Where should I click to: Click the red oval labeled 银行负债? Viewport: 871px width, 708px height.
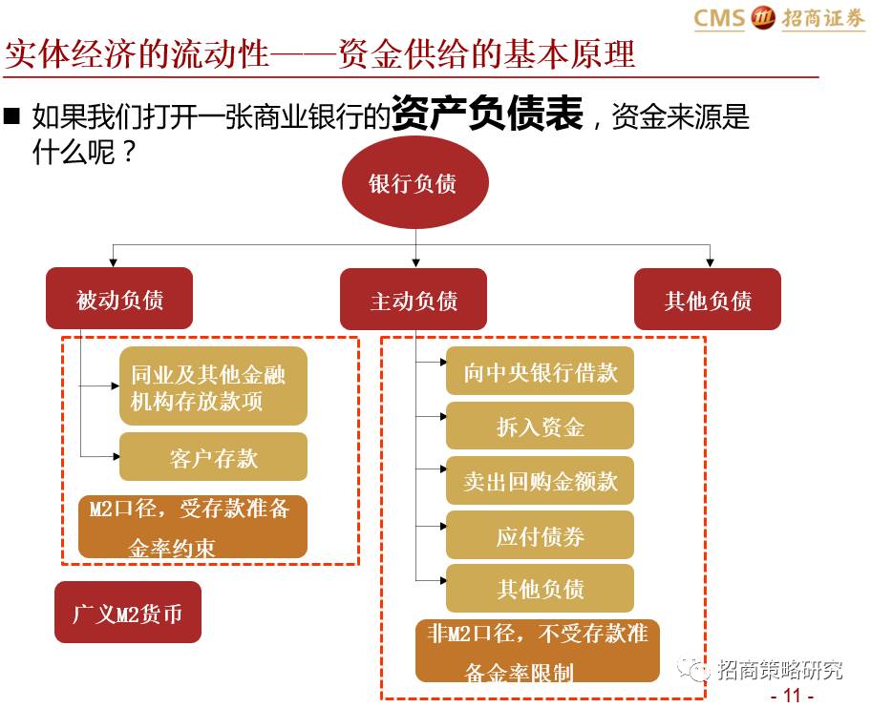(x=414, y=184)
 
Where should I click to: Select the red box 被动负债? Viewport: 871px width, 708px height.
(x=119, y=300)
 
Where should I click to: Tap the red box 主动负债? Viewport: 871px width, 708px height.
(x=414, y=301)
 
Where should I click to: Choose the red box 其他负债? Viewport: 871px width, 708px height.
(x=708, y=301)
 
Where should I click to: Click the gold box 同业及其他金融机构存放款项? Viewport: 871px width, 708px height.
(x=213, y=386)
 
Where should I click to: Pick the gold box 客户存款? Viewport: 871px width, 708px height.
(x=213, y=457)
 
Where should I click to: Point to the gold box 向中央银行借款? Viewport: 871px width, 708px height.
(x=540, y=372)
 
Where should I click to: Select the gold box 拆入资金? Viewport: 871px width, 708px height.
(x=540, y=426)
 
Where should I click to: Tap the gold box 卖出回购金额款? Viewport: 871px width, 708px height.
(x=540, y=481)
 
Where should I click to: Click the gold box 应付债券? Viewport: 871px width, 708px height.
(x=540, y=535)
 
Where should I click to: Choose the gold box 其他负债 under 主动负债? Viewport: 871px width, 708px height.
(x=540, y=589)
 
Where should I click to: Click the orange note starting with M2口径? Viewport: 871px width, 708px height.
(x=192, y=527)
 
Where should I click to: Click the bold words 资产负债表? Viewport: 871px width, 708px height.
(x=487, y=116)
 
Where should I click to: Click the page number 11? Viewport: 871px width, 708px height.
(x=791, y=695)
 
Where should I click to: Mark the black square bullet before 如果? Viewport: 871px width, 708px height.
(x=12, y=117)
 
